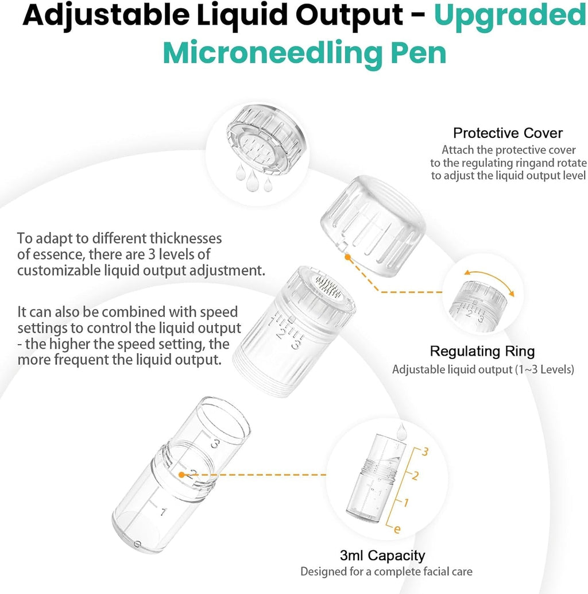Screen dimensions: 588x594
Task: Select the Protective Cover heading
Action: click(508, 133)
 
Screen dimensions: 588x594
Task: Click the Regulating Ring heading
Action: click(482, 351)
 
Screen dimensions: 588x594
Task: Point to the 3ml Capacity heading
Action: click(382, 556)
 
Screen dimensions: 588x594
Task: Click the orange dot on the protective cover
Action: click(347, 257)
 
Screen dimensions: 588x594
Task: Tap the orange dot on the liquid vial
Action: click(181, 475)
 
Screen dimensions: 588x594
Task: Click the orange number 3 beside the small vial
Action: click(425, 452)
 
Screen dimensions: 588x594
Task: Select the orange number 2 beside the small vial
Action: click(415, 476)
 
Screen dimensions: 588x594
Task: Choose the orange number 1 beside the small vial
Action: click(406, 503)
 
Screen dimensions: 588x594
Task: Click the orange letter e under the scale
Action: click(397, 529)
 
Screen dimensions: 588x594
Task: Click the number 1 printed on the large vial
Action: click(163, 512)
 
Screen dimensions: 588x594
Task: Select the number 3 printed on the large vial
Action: click(215, 443)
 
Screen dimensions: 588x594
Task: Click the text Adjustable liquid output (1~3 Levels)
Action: click(483, 369)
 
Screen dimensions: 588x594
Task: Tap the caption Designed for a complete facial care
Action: click(386, 572)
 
